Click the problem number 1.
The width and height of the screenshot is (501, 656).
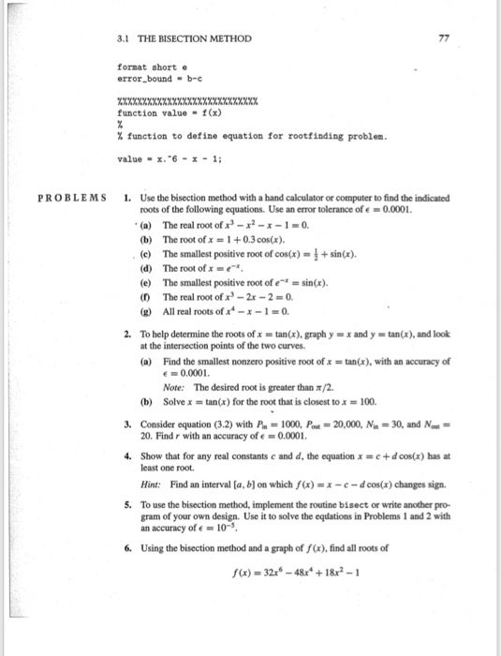(126, 198)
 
